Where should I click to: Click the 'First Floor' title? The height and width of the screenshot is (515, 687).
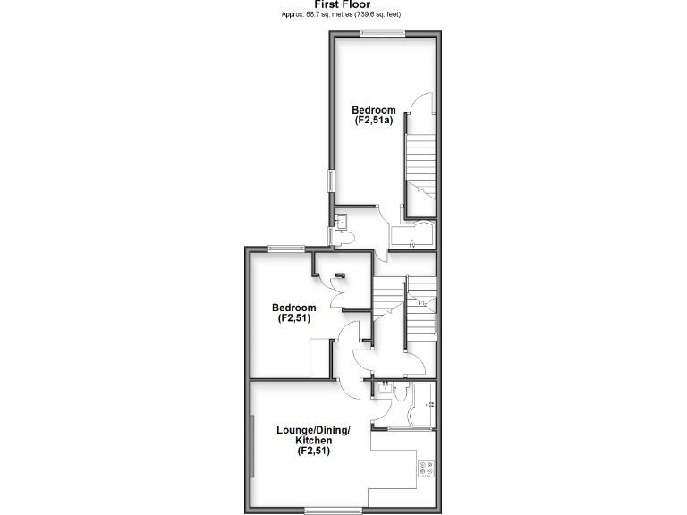[343, 4]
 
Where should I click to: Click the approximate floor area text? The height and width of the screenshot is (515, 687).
[343, 14]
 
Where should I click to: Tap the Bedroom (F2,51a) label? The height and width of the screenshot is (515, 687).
[373, 115]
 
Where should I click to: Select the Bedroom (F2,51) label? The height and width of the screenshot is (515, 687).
[293, 313]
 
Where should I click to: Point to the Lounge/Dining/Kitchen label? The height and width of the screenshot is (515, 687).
[313, 441]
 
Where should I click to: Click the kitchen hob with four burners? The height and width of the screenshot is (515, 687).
[425, 470]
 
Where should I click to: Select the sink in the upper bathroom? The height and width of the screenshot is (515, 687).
[340, 218]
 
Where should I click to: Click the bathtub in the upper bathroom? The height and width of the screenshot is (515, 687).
[411, 237]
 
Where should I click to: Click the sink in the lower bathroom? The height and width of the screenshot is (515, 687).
[383, 388]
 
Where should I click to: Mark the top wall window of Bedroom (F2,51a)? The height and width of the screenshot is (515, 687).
[383, 33]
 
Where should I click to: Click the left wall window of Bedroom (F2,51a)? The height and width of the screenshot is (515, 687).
[330, 180]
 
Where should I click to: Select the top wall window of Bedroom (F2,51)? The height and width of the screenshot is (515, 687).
[286, 249]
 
